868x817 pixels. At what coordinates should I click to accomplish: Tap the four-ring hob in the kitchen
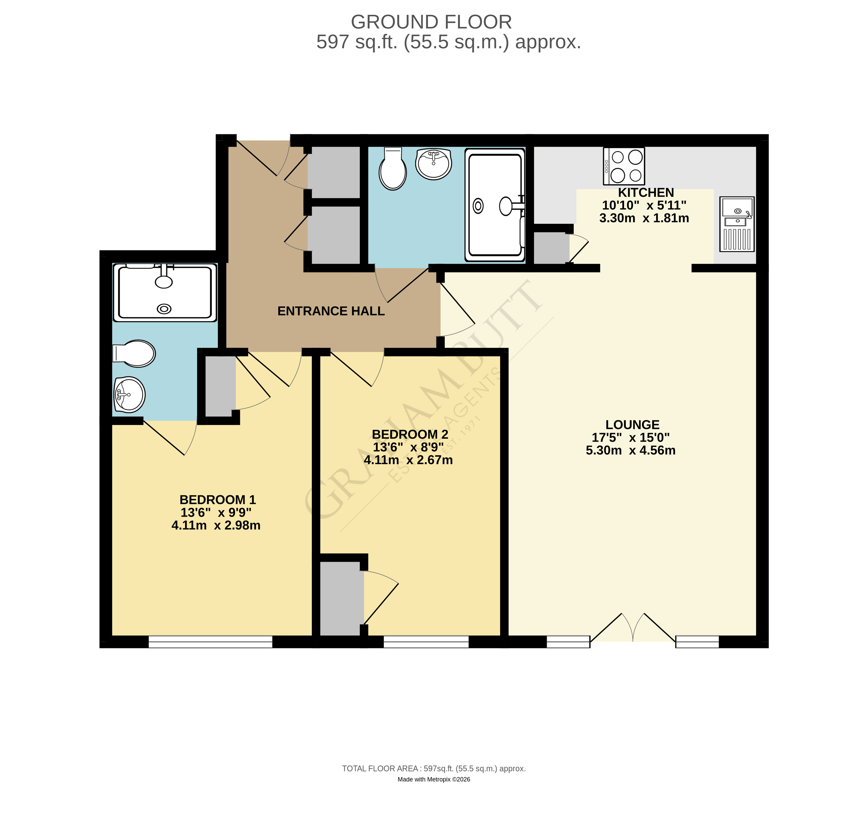(623, 166)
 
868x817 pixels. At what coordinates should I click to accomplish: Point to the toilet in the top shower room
(393, 169)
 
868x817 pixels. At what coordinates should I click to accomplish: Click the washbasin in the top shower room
(433, 164)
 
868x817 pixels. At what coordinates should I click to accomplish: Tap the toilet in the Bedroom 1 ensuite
(134, 353)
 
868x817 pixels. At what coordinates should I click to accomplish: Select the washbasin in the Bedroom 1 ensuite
(129, 395)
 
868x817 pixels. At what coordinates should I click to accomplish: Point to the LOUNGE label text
(632, 425)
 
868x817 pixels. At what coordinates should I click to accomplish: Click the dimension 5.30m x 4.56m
(630, 450)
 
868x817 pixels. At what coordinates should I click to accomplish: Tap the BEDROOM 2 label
(410, 434)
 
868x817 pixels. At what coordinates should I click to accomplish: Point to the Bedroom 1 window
(210, 642)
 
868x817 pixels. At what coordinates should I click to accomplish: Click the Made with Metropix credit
(434, 779)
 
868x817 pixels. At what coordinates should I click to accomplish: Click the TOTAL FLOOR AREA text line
(434, 769)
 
